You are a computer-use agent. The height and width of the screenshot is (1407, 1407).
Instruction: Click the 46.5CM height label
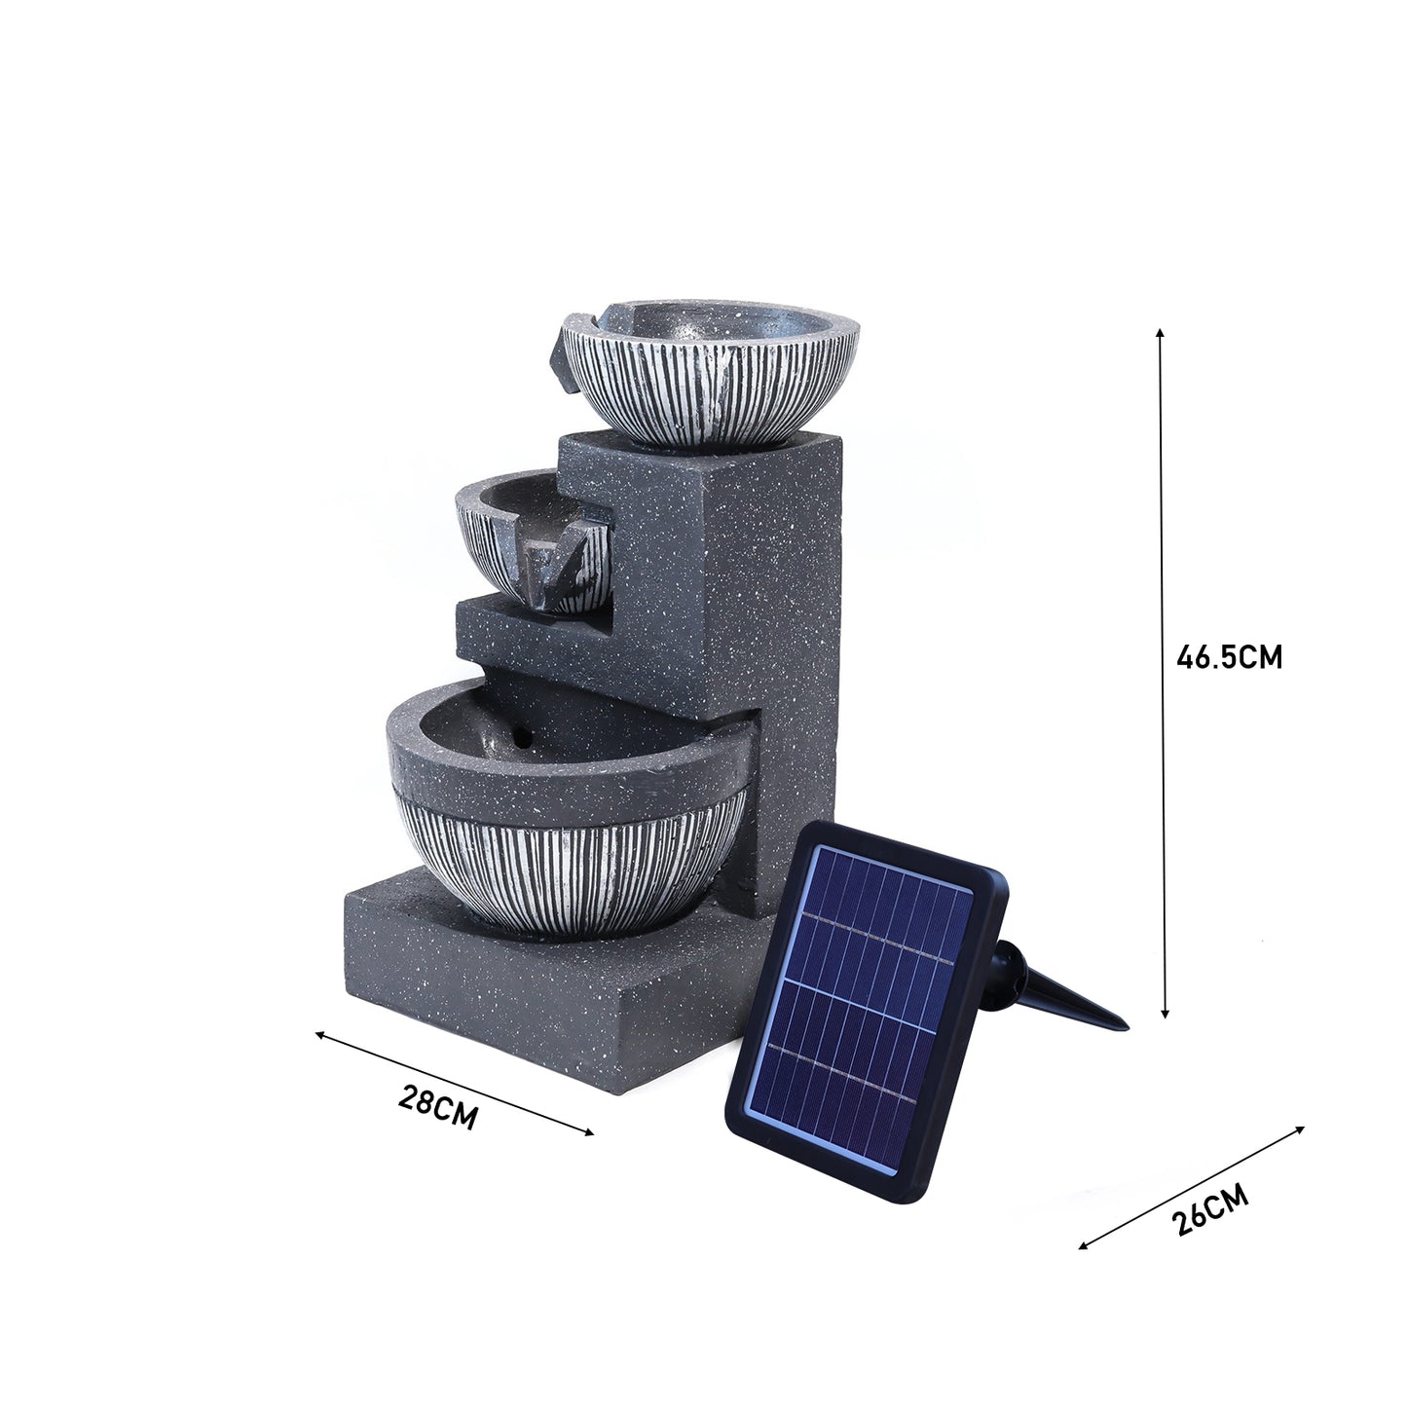tap(1229, 657)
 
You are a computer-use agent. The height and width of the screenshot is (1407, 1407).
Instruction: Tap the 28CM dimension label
tap(438, 1108)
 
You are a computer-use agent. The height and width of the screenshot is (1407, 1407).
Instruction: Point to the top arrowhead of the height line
tap(1160, 334)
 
